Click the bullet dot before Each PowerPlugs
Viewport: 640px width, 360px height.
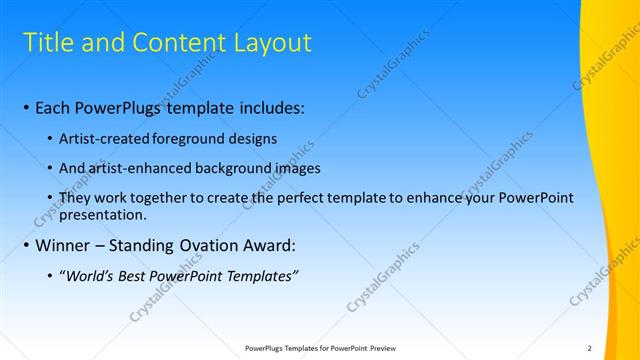(x=25, y=108)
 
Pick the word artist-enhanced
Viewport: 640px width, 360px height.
(x=134, y=168)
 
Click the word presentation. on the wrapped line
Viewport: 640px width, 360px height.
(x=103, y=214)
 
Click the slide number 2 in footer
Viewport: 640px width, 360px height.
(x=589, y=348)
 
